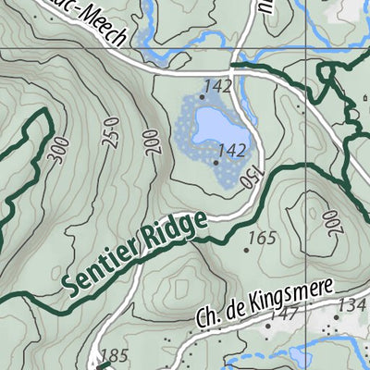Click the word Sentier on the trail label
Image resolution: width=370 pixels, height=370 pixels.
(x=102, y=269)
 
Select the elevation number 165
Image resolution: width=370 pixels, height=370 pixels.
(x=263, y=239)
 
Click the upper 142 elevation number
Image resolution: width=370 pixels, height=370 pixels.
(x=217, y=86)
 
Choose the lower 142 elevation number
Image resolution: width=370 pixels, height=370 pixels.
(x=232, y=150)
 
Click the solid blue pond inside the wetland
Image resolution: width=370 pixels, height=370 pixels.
(x=214, y=124)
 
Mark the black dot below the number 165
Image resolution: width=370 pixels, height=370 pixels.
(x=247, y=250)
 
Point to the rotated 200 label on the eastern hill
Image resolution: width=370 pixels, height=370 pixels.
(x=328, y=221)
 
